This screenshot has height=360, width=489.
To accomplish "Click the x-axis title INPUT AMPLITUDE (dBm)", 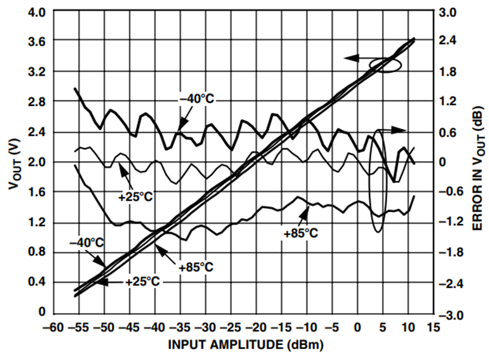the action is click(x=246, y=345).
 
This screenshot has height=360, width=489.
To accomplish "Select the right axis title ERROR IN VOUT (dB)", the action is click(x=479, y=169).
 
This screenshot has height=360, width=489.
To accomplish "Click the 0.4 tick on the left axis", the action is click(x=36, y=282).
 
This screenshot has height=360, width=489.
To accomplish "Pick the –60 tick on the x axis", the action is click(x=54, y=327).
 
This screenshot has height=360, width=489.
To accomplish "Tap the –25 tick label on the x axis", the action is click(x=231, y=327).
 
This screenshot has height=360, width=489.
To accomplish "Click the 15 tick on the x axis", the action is click(x=434, y=327).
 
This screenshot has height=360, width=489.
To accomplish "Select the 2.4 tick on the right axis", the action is click(x=448, y=41).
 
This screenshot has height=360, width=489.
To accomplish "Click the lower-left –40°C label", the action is click(x=86, y=243).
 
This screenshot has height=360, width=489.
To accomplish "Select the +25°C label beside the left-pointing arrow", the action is click(x=142, y=282).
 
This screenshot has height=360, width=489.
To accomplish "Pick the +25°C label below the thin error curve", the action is click(x=135, y=197).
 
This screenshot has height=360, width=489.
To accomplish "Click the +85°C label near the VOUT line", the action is click(x=196, y=267).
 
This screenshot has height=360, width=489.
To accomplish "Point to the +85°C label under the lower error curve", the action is click(x=301, y=233).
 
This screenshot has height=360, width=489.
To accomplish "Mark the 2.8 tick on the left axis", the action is click(x=36, y=102).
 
